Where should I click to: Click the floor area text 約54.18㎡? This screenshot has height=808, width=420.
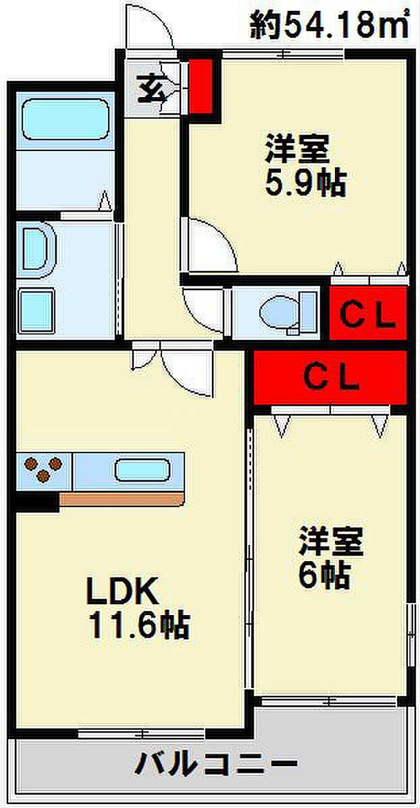pos(331,26)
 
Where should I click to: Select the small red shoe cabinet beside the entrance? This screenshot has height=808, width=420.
pos(201,86)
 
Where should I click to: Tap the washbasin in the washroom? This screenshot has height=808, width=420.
pos(37,250)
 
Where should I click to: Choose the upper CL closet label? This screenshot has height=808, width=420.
pos(367,314)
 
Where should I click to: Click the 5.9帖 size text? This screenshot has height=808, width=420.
pos(305,183)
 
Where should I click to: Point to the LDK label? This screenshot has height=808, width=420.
pos(121,593)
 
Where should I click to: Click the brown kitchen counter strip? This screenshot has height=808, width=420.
pos(122,499)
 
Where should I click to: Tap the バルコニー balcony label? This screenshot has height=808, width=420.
pos(217,766)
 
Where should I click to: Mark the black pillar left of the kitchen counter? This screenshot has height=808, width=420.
pos(37,500)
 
